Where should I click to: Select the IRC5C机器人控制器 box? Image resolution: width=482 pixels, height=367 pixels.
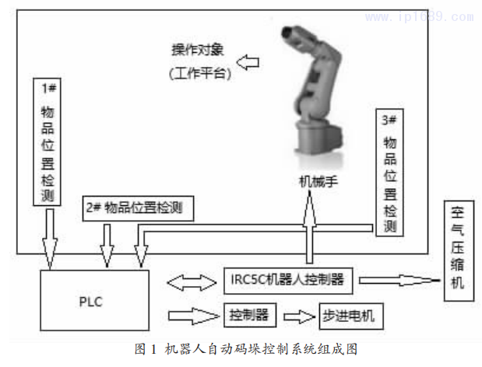(x=288, y=278)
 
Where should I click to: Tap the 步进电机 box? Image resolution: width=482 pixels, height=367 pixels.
(x=350, y=316)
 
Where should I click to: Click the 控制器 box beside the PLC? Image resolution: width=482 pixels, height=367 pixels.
(x=249, y=316)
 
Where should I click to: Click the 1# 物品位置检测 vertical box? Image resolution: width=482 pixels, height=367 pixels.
(x=48, y=141)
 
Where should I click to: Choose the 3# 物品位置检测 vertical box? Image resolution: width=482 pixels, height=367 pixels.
(x=390, y=173)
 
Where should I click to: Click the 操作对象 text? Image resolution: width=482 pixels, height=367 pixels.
(x=198, y=51)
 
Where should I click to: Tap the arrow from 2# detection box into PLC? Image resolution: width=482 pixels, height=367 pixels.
(x=106, y=245)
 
